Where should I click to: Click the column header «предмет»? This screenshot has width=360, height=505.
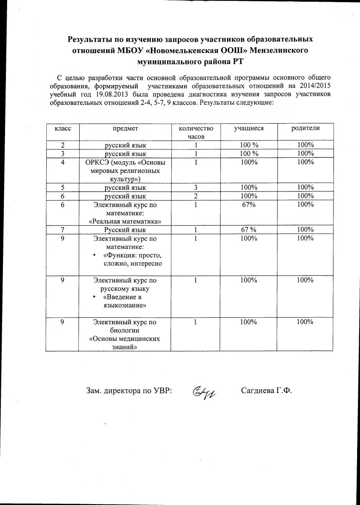point(125,128)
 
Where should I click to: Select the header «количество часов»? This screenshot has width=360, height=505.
point(196,132)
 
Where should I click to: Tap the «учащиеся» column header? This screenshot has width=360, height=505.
point(249,128)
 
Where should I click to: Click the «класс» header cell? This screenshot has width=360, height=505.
point(62,128)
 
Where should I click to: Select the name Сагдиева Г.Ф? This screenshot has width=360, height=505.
point(267,390)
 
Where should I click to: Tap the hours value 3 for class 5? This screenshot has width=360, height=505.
point(196,187)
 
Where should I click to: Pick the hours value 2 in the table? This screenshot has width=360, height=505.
point(196,196)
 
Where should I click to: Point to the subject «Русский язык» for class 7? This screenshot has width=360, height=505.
point(125,230)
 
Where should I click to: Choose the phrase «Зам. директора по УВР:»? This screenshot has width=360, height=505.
point(129,391)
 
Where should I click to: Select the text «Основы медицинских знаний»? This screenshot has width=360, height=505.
point(125,343)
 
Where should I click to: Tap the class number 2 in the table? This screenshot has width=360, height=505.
point(62,145)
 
